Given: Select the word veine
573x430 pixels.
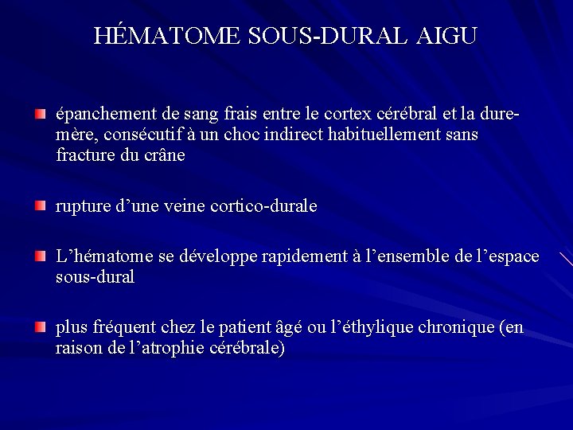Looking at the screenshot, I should [x=184, y=206].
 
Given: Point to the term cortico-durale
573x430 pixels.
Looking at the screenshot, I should [x=263, y=206].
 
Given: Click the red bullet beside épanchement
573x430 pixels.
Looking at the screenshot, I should [x=41, y=116].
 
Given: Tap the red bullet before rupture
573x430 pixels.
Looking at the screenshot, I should [x=41, y=206].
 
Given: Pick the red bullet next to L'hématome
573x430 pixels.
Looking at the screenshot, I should [x=41, y=257].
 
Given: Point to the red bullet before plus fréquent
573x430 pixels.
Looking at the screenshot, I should [x=41, y=328].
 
